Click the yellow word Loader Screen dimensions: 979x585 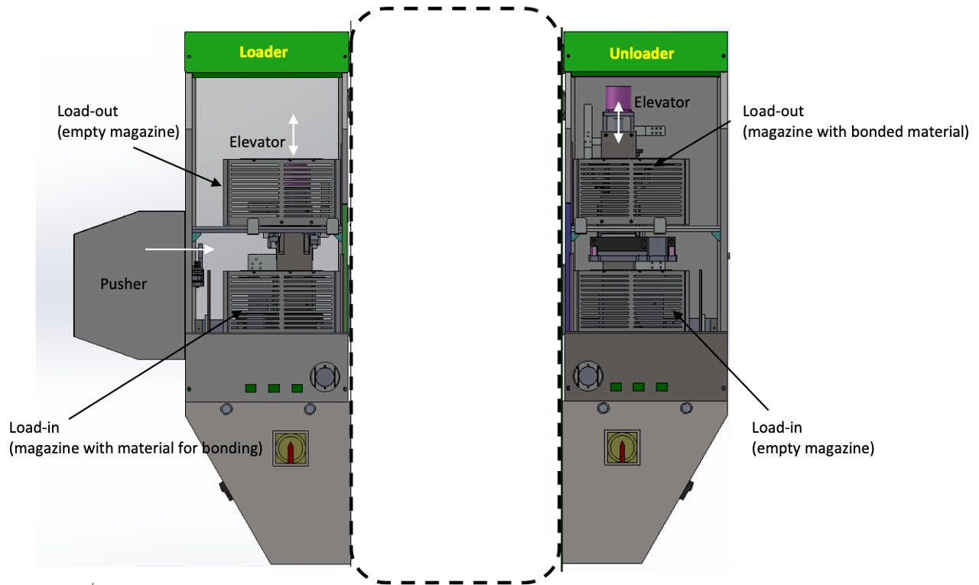[264, 52]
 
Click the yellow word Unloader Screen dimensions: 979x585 [642, 54]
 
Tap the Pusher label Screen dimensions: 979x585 [123, 284]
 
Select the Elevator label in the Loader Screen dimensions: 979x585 [257, 142]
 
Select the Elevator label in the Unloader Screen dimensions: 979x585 [662, 102]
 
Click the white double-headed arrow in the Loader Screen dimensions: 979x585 [293, 135]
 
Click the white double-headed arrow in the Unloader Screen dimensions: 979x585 [619, 123]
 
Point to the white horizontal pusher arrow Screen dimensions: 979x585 [180, 249]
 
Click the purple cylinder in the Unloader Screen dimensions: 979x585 [618, 99]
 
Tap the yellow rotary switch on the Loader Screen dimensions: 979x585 [291, 448]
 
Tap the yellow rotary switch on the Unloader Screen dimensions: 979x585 [623, 447]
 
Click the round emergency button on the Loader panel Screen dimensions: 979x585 [325, 376]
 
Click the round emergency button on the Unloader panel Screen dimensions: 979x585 [588, 375]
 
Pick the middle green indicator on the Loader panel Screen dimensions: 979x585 [274, 388]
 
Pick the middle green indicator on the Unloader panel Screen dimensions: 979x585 [639, 387]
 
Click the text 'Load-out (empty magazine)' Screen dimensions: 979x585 [118, 122]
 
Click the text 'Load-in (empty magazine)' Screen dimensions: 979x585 [813, 437]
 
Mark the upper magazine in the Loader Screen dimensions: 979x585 [281, 192]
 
